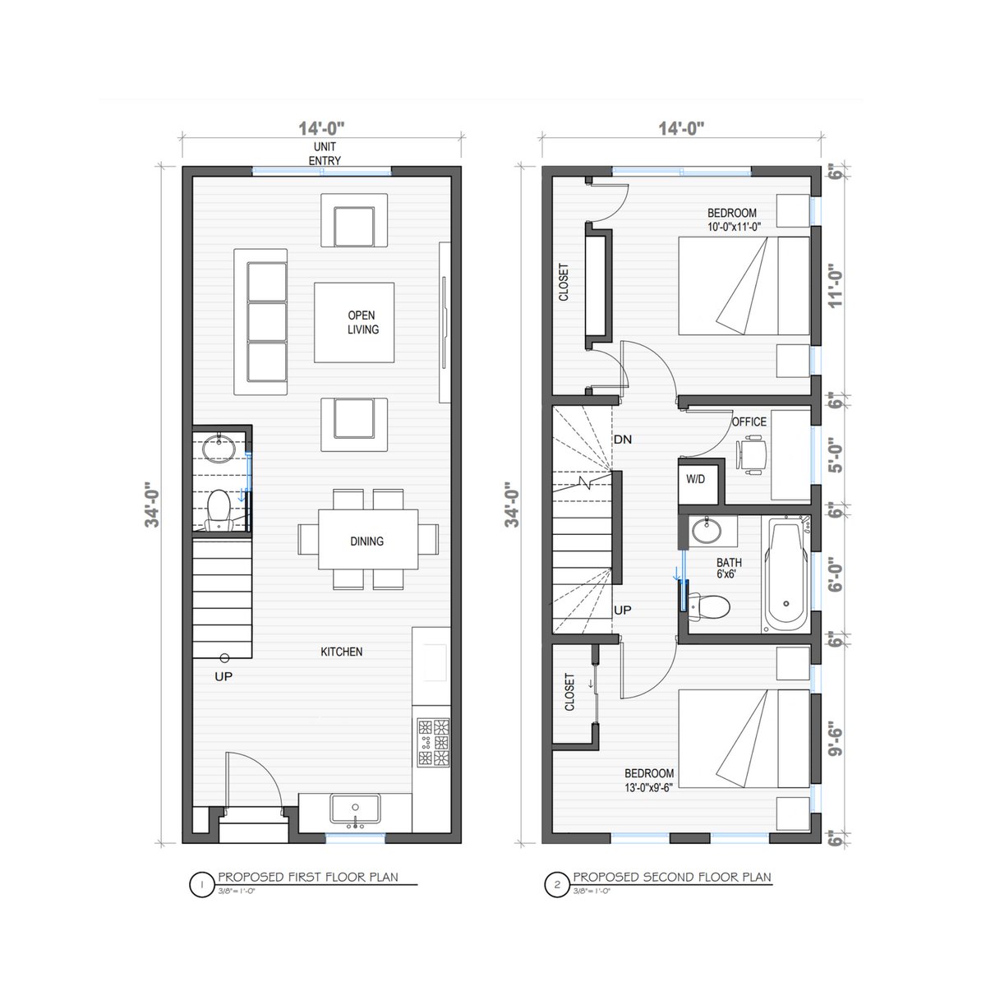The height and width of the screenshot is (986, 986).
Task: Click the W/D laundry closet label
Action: [695, 479]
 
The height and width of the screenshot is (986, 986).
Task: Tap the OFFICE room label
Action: [749, 422]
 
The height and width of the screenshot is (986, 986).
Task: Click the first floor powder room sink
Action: [219, 449]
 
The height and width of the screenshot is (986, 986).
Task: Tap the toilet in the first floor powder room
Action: [219, 509]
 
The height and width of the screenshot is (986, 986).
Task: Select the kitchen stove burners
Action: [433, 742]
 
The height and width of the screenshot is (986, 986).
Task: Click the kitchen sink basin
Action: [355, 809]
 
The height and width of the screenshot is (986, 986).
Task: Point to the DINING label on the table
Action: [366, 541]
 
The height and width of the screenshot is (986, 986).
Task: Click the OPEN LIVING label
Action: [363, 322]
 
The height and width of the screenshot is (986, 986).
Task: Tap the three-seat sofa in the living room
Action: [260, 322]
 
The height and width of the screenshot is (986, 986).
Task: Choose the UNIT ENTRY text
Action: [325, 154]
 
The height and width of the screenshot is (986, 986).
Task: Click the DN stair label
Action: [623, 439]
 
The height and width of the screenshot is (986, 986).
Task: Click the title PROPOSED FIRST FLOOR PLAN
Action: [308, 877]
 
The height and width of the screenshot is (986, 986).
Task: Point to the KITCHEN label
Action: [341, 652]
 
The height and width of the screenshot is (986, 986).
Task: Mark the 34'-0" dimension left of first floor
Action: [153, 505]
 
